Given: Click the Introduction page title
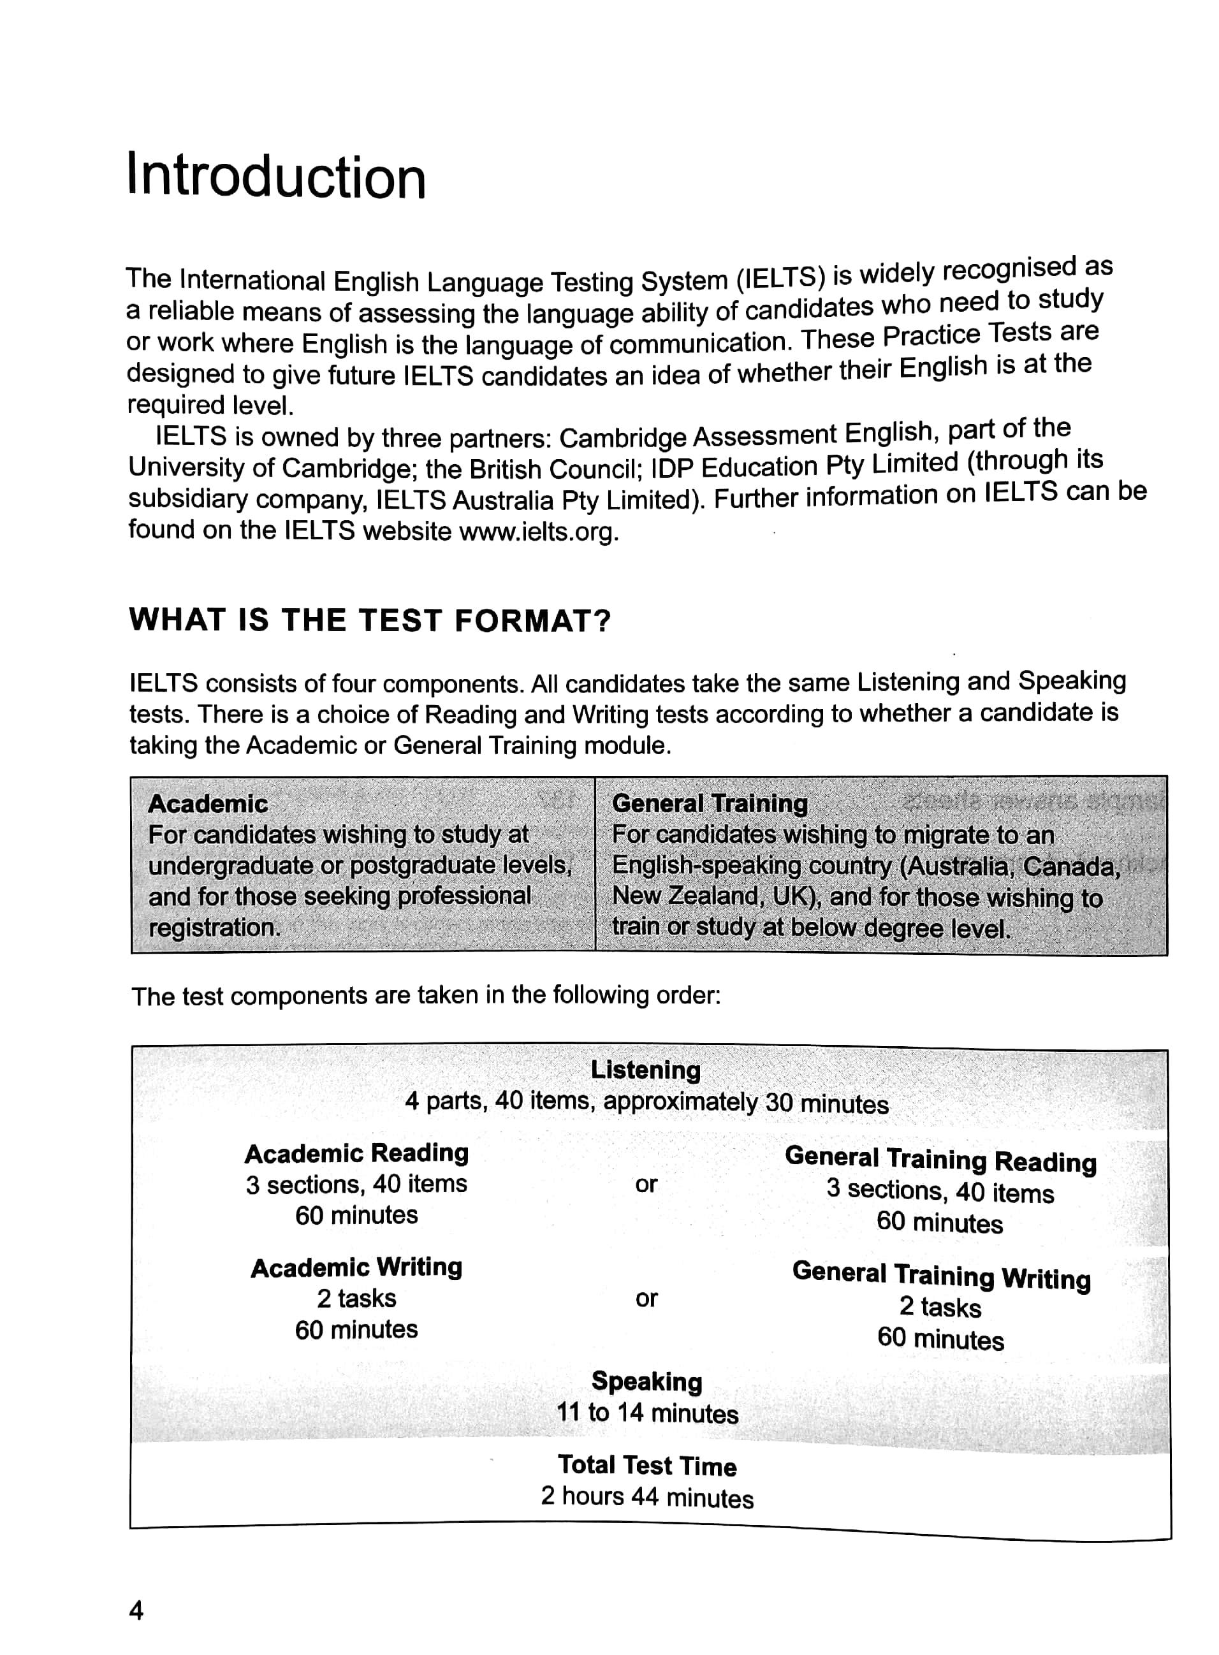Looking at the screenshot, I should click(276, 177).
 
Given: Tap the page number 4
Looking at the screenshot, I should click(136, 1611).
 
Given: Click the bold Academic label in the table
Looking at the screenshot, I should click(207, 803).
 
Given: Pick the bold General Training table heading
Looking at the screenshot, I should click(709, 803).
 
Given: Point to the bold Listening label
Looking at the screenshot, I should click(646, 1070).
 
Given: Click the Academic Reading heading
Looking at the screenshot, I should click(356, 1153).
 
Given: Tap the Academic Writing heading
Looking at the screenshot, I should click(356, 1267).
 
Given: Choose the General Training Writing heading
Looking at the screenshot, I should click(941, 1275).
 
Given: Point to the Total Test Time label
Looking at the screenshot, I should click(646, 1466).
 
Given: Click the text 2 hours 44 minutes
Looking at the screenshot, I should click(646, 1497).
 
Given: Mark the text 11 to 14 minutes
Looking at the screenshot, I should click(646, 1413).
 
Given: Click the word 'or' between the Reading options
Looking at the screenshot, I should click(646, 1185).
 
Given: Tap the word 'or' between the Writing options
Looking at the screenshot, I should click(646, 1299).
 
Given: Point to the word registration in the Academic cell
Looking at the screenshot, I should click(214, 928).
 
